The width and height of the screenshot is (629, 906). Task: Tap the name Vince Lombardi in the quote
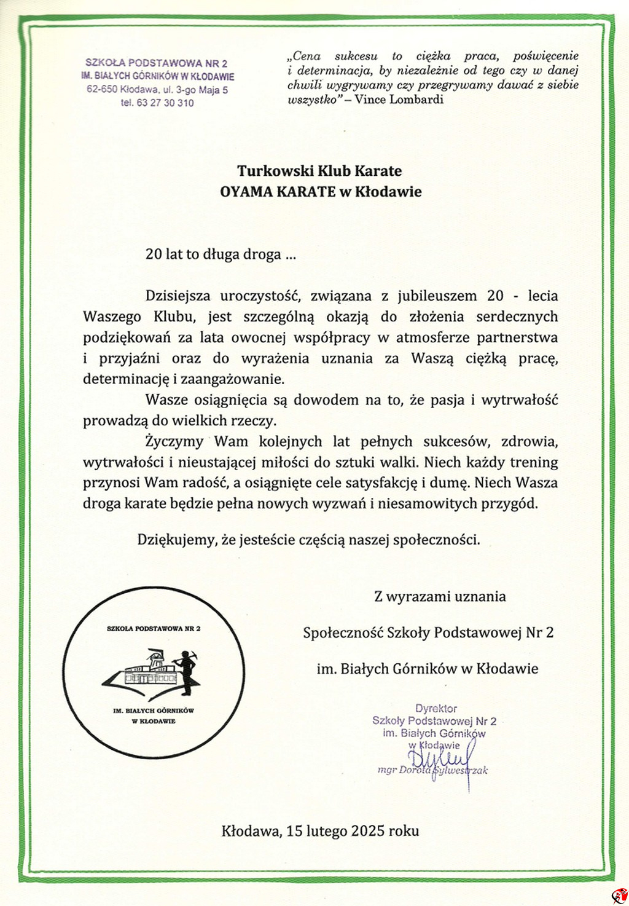[x=399, y=100]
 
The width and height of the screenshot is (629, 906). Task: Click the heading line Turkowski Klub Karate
[x=319, y=171]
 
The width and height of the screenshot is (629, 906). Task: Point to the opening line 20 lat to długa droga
[x=220, y=254]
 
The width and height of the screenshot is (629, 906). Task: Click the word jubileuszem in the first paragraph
[x=437, y=296]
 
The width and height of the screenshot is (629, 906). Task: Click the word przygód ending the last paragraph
[x=513, y=504]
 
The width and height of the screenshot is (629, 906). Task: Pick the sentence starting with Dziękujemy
[x=308, y=540]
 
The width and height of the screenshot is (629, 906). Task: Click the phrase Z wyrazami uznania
[x=440, y=596]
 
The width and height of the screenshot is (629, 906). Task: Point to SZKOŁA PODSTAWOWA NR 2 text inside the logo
[x=154, y=629]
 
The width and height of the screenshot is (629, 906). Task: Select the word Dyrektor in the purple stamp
[x=436, y=709]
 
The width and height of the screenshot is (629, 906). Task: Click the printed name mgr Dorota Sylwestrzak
[x=432, y=770]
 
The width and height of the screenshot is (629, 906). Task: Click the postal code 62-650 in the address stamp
[x=102, y=90]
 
